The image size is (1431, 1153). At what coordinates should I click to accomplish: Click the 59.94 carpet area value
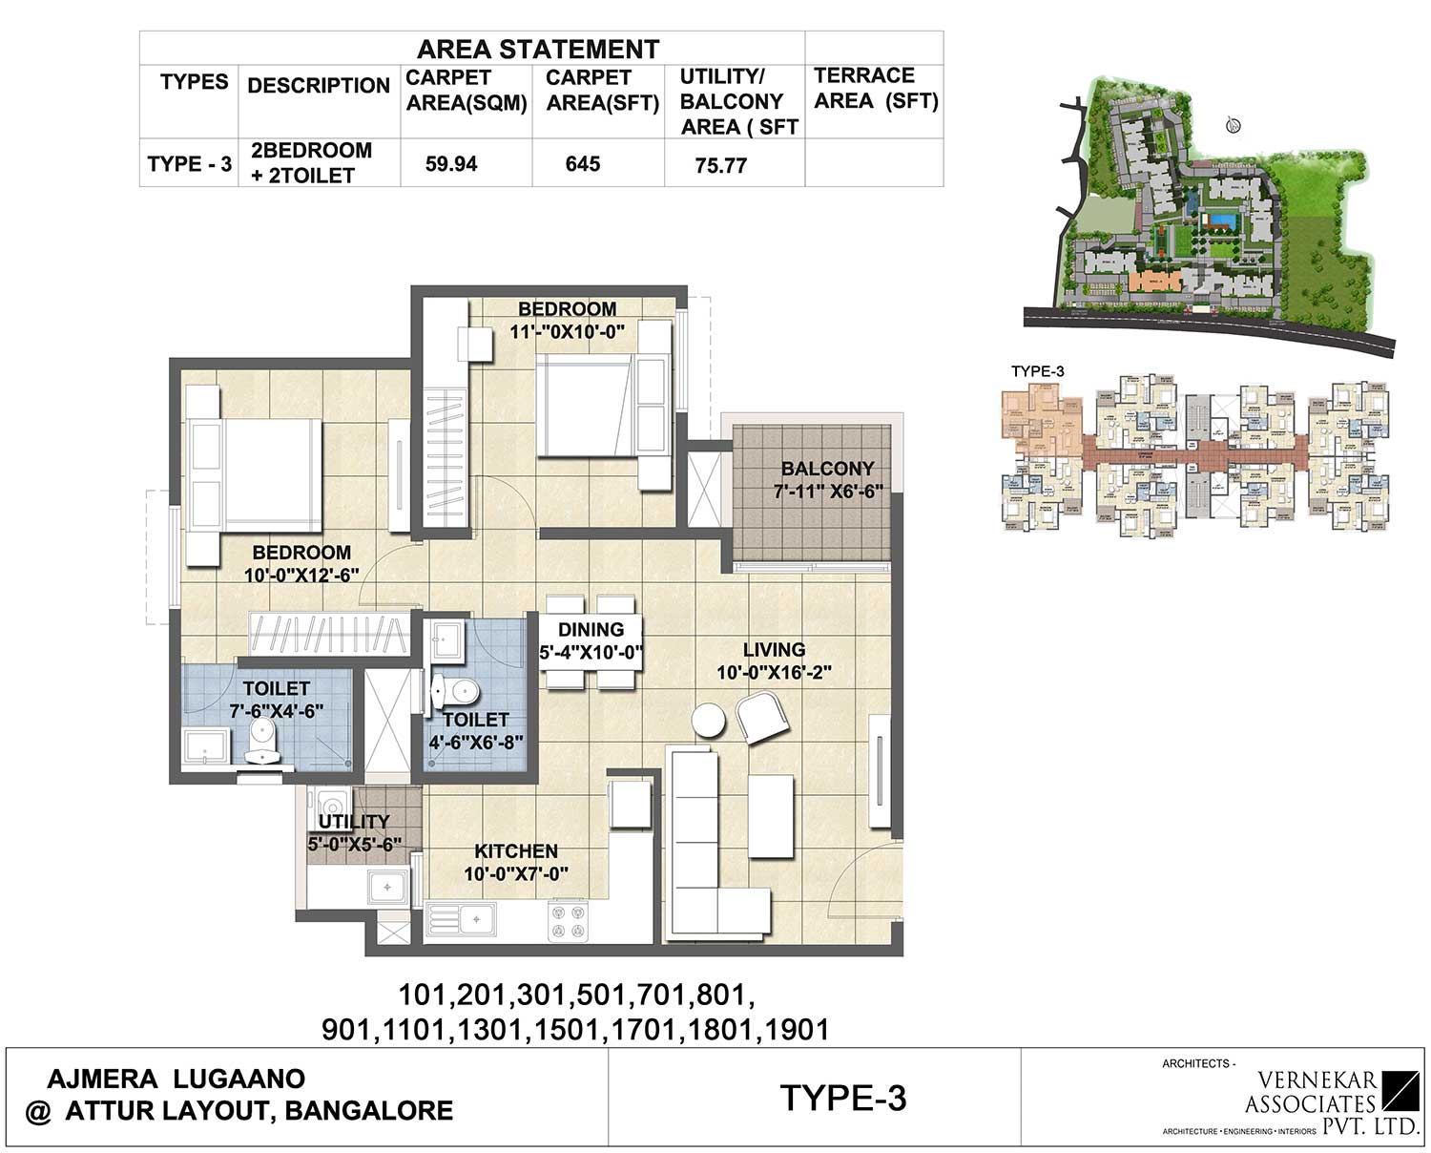pos(451,164)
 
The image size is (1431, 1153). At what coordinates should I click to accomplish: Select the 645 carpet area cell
pos(582,164)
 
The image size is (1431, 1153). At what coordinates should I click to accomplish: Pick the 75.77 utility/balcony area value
pos(720,166)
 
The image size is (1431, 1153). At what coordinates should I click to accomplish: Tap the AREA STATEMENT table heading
pos(538,50)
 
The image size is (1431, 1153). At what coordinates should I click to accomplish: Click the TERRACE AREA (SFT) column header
pos(875,89)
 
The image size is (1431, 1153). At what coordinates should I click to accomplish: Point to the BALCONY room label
pos(827,469)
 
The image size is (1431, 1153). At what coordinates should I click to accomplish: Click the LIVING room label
pos(774,650)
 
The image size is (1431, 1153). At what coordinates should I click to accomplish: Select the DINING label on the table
pos(591,630)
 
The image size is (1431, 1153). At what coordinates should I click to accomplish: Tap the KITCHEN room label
pos(516,851)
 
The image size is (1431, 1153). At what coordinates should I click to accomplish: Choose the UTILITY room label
pos(354,822)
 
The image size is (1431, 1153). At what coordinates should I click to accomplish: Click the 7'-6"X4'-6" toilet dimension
pos(277,711)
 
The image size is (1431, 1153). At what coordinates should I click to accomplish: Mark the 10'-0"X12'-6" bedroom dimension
pos(301,576)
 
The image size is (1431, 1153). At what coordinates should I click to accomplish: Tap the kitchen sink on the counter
pos(463,919)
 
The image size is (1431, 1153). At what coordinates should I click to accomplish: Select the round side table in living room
pos(710,720)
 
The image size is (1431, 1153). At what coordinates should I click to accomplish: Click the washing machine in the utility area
pos(330,802)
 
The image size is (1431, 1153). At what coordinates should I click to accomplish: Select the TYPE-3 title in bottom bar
pos(842,1099)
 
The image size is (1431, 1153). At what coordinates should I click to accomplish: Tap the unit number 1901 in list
pos(796,1030)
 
